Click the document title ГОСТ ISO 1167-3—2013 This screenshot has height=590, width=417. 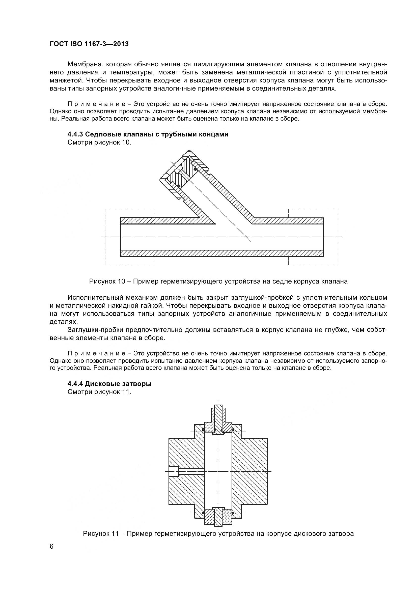pyautogui.click(x=89, y=44)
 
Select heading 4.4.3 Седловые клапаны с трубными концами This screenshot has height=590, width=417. pyautogui.click(x=148, y=134)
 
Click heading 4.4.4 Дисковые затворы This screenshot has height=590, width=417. pyautogui.click(x=109, y=384)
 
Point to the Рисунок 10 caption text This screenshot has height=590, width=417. pyautogui.click(x=218, y=282)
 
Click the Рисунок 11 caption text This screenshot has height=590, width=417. pyautogui.click(x=218, y=534)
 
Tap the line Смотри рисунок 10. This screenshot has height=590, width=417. pyautogui.click(x=99, y=142)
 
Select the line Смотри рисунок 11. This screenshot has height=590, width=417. pyautogui.click(x=99, y=392)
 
